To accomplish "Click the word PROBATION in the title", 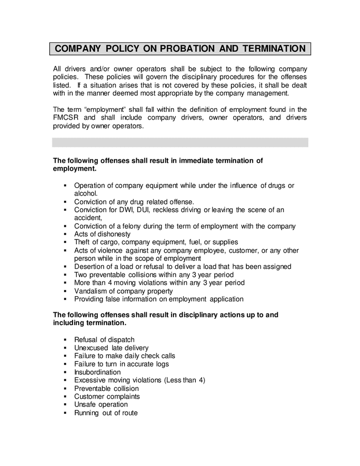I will click(188, 49).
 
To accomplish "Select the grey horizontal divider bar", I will click(180, 142).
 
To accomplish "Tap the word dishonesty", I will click(112, 234).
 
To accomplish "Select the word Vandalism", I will click(91, 291).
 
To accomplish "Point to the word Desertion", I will click(91, 267).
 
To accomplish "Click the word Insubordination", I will click(97, 372).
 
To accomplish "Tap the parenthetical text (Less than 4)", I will click(184, 380).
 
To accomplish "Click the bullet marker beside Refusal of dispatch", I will click(65, 340).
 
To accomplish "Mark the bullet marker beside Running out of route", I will click(65, 413).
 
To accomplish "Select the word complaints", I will click(123, 397).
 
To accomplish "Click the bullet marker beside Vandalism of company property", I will click(65, 291).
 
